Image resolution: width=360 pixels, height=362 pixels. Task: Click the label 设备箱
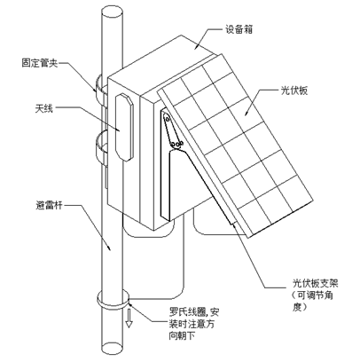click(239, 29)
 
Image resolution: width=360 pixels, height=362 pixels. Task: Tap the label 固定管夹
click(40, 63)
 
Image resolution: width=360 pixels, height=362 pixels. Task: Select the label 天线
click(43, 108)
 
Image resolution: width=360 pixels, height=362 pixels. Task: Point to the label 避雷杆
click(49, 205)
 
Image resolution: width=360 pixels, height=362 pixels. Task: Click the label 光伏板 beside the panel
click(293, 90)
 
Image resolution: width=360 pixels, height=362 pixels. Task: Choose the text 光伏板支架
click(315, 283)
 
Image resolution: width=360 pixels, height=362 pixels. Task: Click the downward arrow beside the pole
click(129, 318)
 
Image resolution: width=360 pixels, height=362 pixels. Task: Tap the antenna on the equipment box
click(124, 127)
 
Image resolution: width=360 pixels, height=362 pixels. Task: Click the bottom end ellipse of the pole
click(112, 349)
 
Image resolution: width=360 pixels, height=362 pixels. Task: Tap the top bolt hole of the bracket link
click(168, 119)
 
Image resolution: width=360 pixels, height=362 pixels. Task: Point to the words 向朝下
click(182, 336)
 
